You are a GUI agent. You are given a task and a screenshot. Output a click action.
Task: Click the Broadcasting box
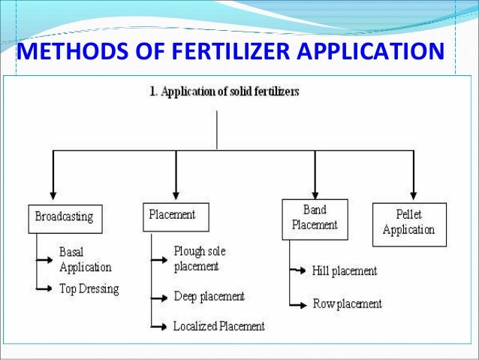coord(65,217)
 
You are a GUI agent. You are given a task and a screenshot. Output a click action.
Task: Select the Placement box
coord(175,216)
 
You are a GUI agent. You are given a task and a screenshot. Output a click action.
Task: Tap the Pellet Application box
coord(409,223)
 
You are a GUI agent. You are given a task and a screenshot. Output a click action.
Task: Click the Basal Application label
coord(85,259)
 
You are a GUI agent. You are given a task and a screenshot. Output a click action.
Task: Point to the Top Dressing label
coord(89,288)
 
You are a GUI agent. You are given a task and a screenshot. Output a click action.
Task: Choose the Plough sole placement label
coord(200,258)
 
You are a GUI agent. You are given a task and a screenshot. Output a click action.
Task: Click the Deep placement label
coord(209,296)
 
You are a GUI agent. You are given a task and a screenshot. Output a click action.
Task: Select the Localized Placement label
coord(218,326)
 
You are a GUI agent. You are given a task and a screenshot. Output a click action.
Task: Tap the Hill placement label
coord(344,271)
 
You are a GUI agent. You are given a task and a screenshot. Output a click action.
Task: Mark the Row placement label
coord(347,304)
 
